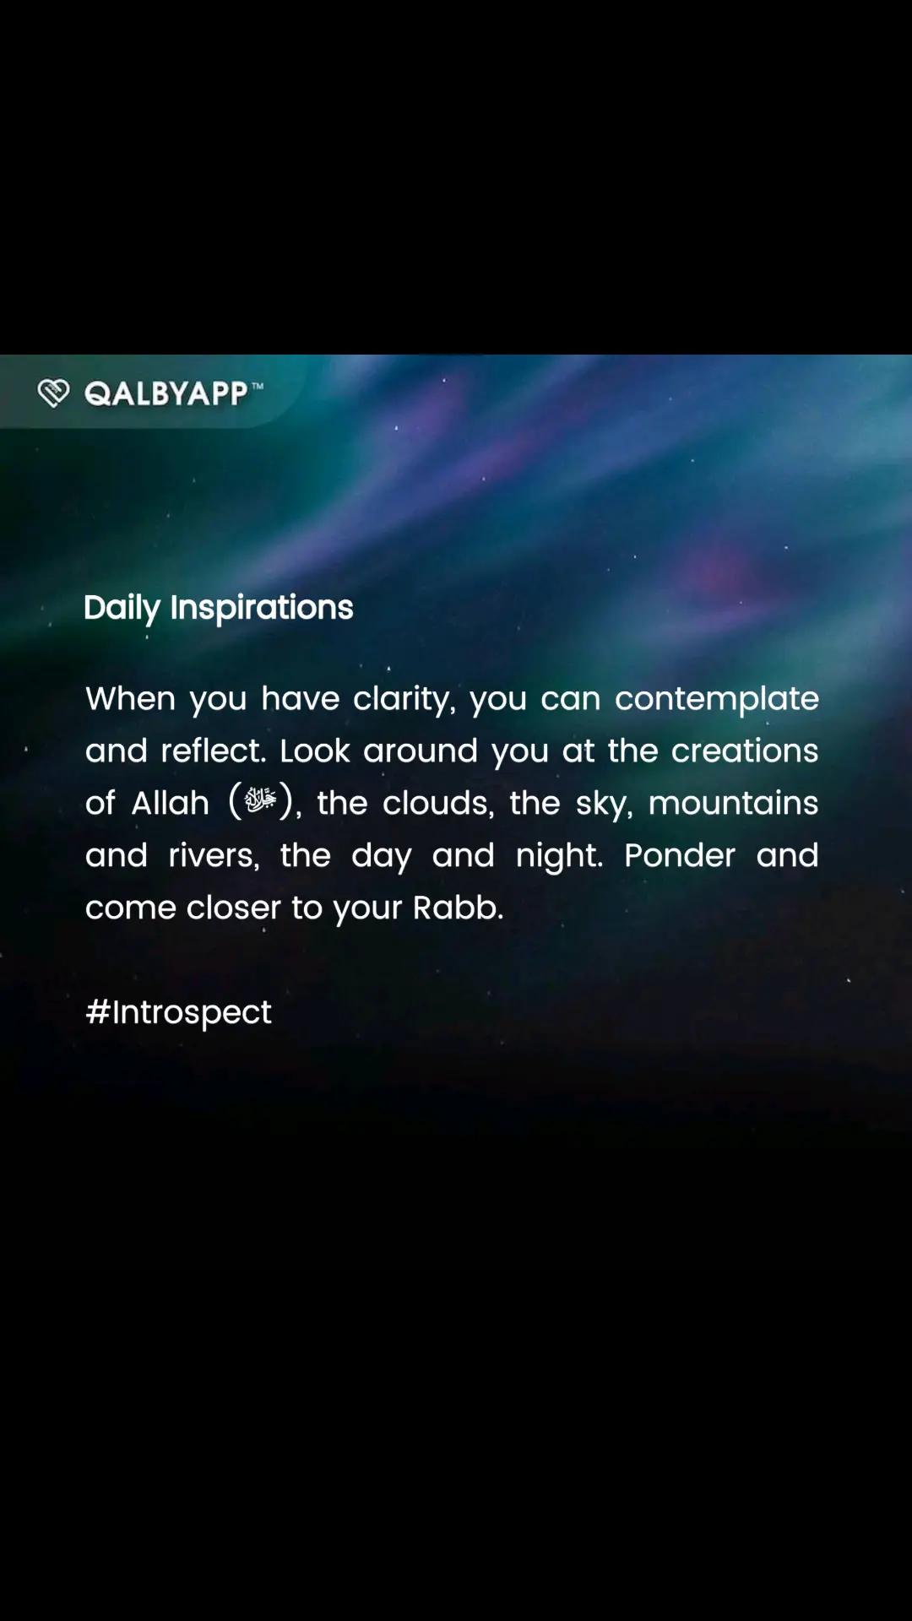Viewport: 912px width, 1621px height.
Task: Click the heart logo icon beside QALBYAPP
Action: point(53,393)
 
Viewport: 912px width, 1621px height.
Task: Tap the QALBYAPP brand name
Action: point(166,393)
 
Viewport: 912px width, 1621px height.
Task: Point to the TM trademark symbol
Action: point(257,386)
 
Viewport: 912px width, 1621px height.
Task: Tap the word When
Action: point(130,699)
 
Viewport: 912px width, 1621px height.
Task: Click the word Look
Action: point(315,751)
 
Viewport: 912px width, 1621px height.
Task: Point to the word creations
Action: point(745,751)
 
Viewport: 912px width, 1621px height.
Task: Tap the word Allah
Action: point(171,803)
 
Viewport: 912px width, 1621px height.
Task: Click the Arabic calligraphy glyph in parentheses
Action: point(260,800)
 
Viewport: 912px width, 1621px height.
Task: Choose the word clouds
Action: point(438,804)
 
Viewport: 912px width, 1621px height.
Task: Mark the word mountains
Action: point(733,803)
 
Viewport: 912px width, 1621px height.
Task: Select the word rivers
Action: point(214,856)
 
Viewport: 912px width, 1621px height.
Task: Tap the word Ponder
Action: point(680,855)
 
